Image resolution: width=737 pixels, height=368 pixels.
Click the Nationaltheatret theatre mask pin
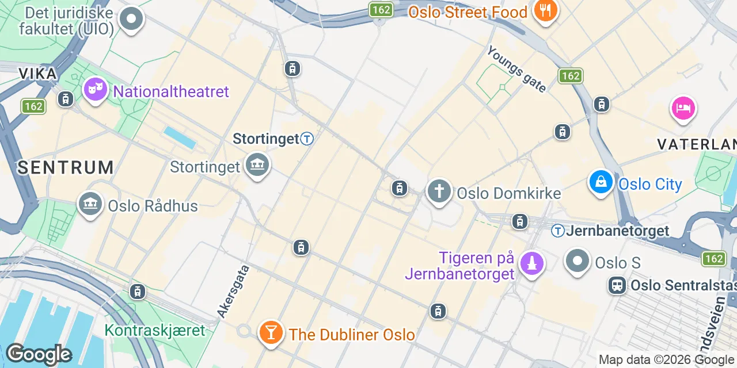click(x=95, y=90)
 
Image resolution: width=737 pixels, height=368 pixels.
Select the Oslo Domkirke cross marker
click(x=439, y=191)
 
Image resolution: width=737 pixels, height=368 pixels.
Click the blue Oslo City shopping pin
click(x=601, y=182)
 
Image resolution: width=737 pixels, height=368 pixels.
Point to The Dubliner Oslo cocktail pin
click(x=269, y=332)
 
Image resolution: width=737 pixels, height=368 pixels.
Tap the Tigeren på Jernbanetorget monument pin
click(x=531, y=264)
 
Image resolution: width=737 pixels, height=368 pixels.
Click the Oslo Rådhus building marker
click(x=90, y=204)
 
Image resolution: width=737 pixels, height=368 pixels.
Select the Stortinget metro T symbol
click(x=307, y=139)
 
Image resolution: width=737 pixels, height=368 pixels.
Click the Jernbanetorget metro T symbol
click(x=557, y=231)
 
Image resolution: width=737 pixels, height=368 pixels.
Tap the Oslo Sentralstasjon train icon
click(x=617, y=285)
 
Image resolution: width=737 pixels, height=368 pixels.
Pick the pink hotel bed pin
click(x=683, y=108)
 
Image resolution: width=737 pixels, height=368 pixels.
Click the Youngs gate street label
click(x=516, y=69)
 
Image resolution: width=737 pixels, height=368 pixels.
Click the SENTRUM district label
click(x=65, y=168)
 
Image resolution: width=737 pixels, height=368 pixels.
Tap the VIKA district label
click(x=38, y=74)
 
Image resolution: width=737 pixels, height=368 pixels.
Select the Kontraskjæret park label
click(x=155, y=331)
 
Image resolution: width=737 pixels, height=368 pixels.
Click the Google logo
click(x=38, y=354)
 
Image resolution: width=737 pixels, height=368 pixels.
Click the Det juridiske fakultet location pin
click(x=131, y=19)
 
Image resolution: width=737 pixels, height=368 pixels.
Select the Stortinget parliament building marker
click(x=257, y=165)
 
